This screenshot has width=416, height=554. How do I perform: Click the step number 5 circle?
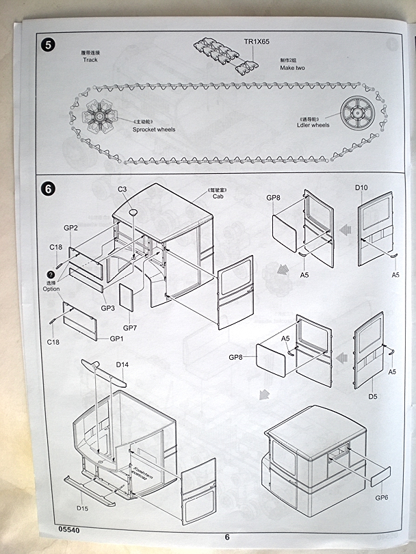coord(48,46)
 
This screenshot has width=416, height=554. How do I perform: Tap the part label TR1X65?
coord(257,42)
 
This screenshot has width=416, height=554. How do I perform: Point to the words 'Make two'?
coord(292,68)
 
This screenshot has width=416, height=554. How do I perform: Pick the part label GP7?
coord(130,328)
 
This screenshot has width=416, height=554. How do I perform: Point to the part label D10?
coord(361,187)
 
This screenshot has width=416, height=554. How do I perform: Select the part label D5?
coord(373,396)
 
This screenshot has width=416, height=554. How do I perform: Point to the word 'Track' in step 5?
coord(90,60)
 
